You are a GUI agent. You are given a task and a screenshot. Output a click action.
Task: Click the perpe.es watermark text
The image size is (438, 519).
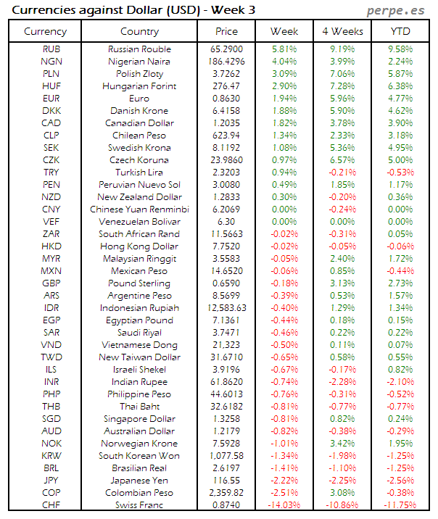tap(396, 10)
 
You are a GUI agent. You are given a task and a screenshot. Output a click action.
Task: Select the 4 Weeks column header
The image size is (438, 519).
tap(342, 31)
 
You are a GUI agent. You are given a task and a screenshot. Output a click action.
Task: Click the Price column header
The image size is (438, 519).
tap(226, 31)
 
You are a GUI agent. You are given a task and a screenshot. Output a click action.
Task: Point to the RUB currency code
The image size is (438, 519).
tap(51, 49)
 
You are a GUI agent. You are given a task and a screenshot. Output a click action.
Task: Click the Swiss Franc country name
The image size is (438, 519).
tap(139, 505)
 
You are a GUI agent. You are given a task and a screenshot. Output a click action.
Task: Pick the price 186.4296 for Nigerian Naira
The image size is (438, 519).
tap(226, 62)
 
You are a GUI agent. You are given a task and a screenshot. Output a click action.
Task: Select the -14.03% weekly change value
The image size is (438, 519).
tap(284, 505)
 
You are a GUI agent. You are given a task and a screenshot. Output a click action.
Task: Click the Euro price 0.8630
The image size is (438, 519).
tap(226, 99)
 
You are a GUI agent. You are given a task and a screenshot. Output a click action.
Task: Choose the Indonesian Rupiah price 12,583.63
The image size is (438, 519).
tap(226, 308)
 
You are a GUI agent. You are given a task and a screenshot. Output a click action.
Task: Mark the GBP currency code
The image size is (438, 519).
tap(51, 283)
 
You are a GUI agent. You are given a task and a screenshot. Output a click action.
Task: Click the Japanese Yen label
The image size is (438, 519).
tap(139, 481)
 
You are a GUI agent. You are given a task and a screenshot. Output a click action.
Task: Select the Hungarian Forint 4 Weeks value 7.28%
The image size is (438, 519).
tap(342, 86)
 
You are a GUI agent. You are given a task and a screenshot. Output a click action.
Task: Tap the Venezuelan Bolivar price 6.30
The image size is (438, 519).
tap(226, 222)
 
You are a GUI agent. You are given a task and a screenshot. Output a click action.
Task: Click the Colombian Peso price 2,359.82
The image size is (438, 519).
tap(226, 493)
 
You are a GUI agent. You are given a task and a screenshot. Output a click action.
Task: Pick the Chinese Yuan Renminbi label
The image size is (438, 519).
tap(139, 209)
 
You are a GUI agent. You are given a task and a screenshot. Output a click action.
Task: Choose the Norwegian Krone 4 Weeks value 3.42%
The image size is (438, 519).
tap(342, 444)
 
